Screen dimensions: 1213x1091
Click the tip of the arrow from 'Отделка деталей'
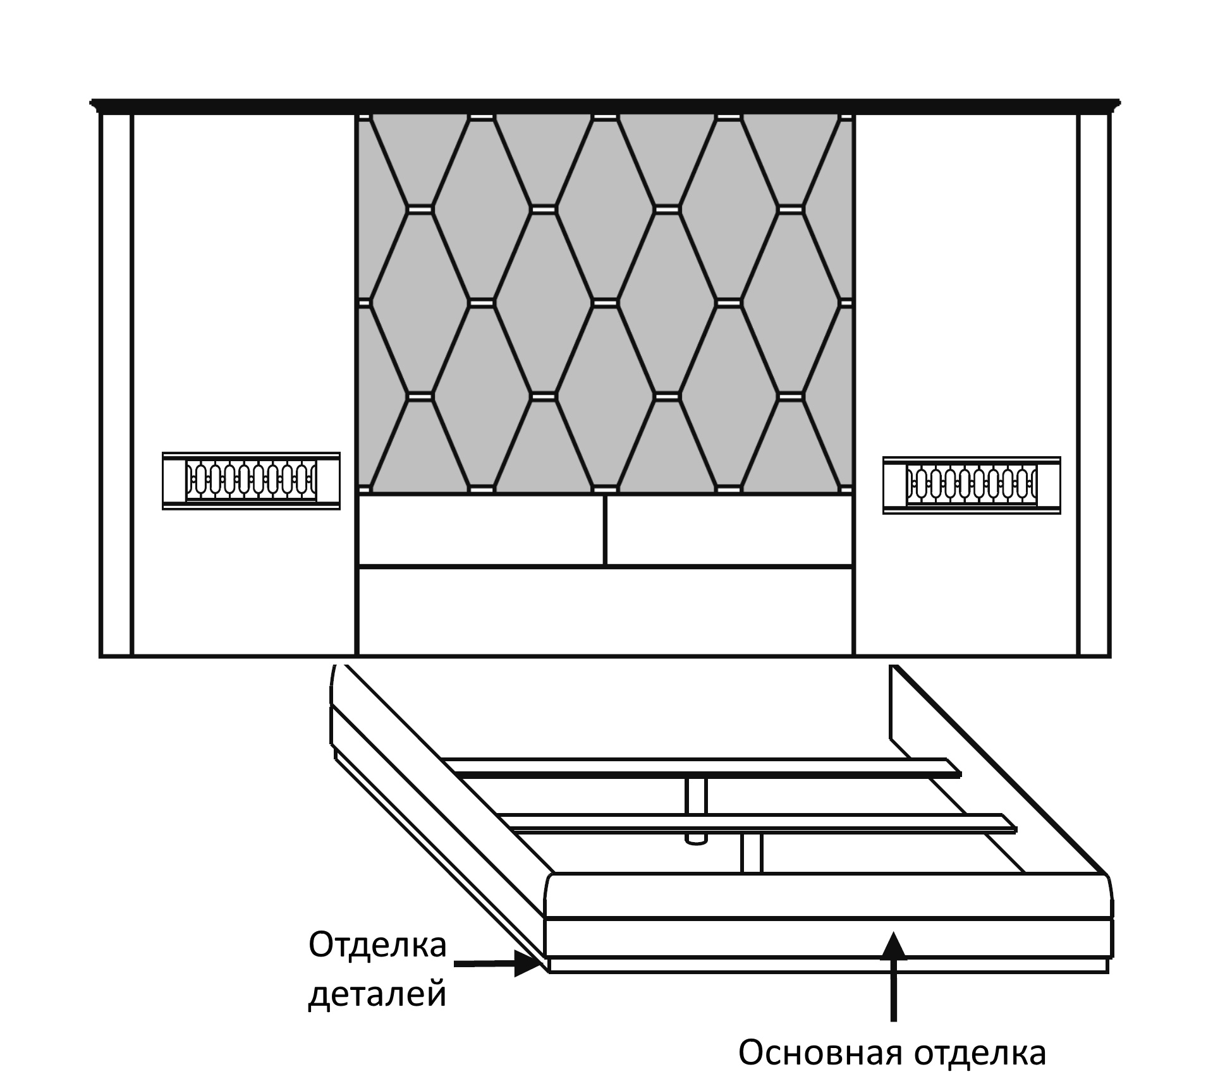(x=545, y=963)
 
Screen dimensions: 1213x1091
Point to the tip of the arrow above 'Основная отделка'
(x=893, y=932)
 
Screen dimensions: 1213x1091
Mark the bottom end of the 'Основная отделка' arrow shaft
(x=893, y=1022)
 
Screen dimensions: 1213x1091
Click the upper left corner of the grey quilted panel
(x=358, y=115)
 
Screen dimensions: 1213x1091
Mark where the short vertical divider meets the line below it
(x=605, y=566)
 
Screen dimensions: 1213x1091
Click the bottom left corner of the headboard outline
(x=101, y=656)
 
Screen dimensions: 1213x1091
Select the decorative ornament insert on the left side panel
(x=251, y=481)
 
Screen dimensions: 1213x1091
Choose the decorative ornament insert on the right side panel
(x=972, y=485)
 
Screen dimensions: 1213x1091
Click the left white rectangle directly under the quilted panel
(x=481, y=530)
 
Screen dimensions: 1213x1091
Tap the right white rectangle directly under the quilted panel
(x=729, y=530)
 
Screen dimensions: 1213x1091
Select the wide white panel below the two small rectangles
(x=606, y=612)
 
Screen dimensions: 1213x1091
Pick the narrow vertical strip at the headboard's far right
(x=1094, y=384)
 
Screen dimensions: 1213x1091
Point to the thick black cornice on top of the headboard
(x=606, y=106)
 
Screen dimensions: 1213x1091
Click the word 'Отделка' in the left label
(x=377, y=946)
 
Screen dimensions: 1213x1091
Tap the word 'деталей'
(x=377, y=994)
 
